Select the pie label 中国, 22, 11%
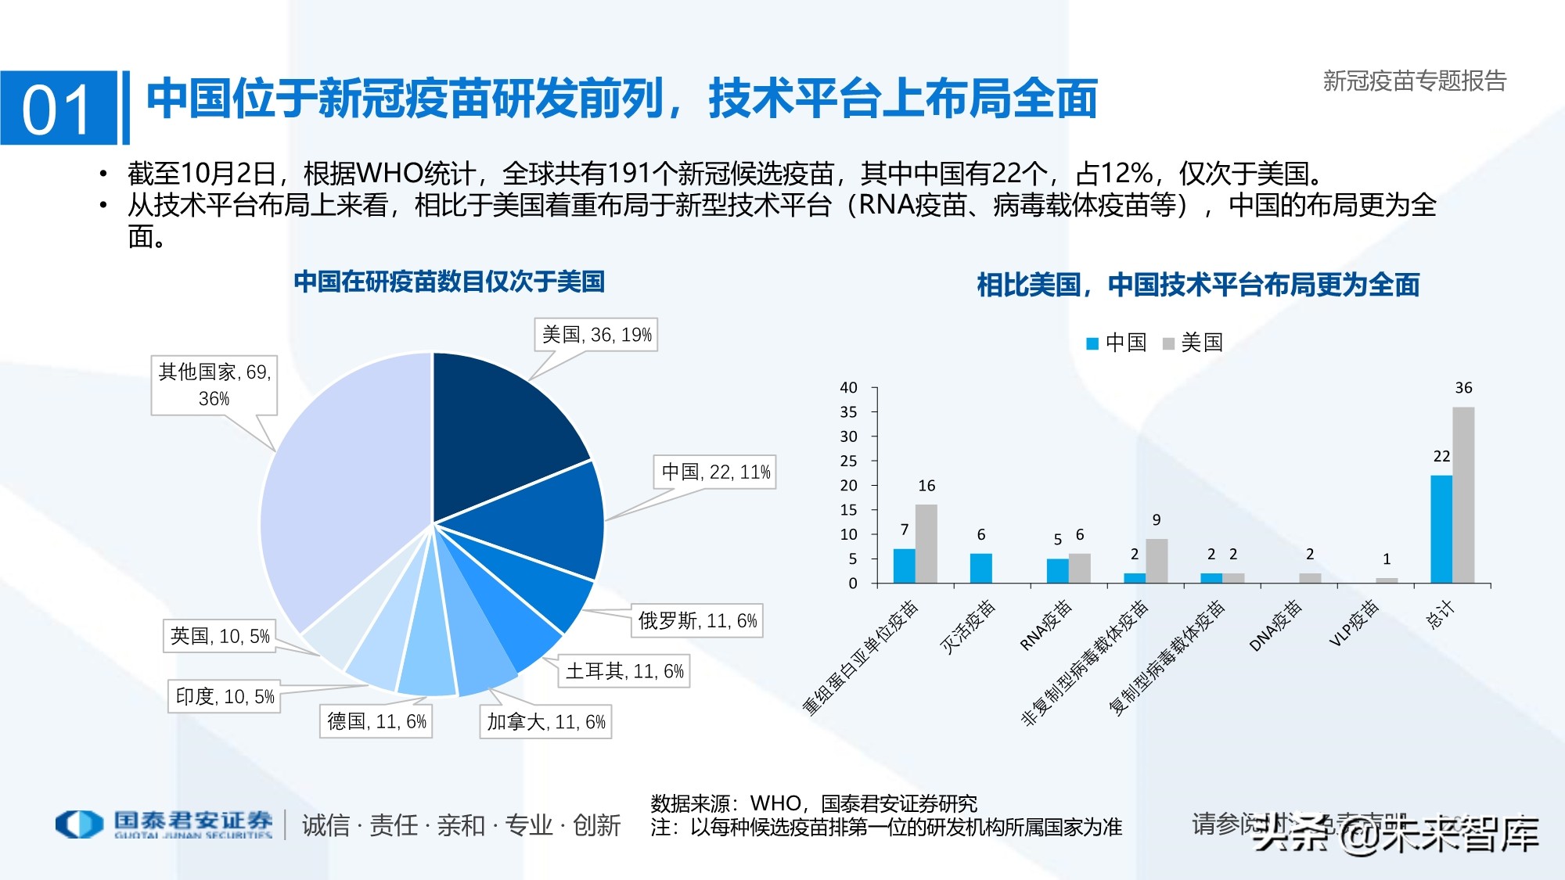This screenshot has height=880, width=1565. pos(715,472)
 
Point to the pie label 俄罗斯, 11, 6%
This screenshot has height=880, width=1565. pos(697,621)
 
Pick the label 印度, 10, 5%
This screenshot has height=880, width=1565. pos(225,696)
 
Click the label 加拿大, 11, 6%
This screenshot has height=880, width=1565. pos(545,722)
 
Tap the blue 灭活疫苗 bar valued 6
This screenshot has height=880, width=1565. pos(980,568)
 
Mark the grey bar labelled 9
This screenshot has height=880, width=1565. pos(1156,561)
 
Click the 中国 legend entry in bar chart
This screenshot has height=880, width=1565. pos(1117,343)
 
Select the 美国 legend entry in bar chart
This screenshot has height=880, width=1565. pos(1193,343)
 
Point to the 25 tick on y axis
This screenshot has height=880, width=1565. pos(848,461)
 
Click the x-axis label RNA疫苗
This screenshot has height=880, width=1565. pos(1046,625)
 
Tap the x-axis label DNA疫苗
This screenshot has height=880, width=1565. pos(1275,625)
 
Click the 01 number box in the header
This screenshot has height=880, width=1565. pos(58,109)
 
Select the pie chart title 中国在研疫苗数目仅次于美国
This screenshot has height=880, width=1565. pos(449,282)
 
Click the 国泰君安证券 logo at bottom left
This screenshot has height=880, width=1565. pos(164,824)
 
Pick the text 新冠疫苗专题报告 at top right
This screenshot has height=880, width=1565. pos(1414,81)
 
